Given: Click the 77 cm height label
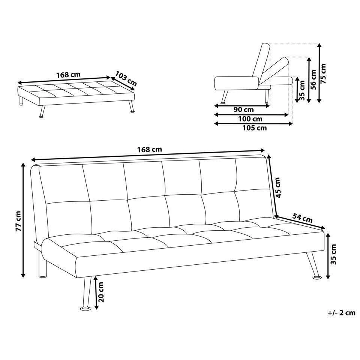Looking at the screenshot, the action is click(x=18, y=221).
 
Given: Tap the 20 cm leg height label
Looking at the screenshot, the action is click(x=101, y=292).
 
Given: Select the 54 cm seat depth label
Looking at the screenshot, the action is click(x=302, y=218).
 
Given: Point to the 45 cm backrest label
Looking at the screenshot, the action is click(x=277, y=187).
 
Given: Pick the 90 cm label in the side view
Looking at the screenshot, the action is click(x=244, y=110).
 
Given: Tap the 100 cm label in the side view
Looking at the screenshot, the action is click(x=250, y=119).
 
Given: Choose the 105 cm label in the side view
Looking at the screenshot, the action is click(x=255, y=128).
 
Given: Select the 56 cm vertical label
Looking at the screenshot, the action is click(x=313, y=79).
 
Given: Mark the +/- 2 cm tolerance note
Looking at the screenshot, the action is click(x=342, y=313).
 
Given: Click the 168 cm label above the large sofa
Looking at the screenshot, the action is click(x=150, y=150).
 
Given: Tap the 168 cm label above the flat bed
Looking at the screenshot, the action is click(x=68, y=75).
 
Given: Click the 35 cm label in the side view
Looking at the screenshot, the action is click(x=302, y=90).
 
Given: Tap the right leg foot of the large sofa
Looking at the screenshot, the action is click(x=317, y=277).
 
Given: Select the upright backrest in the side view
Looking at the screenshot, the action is click(x=261, y=61).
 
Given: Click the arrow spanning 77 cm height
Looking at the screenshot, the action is click(x=23, y=220).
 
